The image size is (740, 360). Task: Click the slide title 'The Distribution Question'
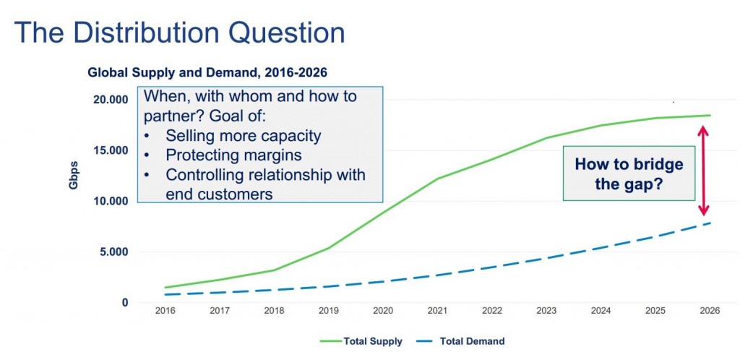179,33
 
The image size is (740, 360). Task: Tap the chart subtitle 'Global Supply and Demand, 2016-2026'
207,73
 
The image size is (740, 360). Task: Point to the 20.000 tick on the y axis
112,100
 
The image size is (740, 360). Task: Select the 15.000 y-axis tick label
112,150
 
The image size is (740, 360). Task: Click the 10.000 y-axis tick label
112,201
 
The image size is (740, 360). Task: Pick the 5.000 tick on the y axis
115,252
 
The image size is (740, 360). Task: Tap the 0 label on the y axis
125,302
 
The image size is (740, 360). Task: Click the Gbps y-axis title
73,175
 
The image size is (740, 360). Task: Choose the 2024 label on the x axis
601,311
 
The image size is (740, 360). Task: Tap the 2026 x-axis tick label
710,311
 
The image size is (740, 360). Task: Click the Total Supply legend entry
361,341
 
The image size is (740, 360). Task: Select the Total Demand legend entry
460,341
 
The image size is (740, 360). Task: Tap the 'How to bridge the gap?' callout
629,173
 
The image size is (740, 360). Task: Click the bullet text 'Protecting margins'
233,155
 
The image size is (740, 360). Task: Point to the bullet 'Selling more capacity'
243,135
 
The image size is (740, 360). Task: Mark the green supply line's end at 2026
710,115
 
